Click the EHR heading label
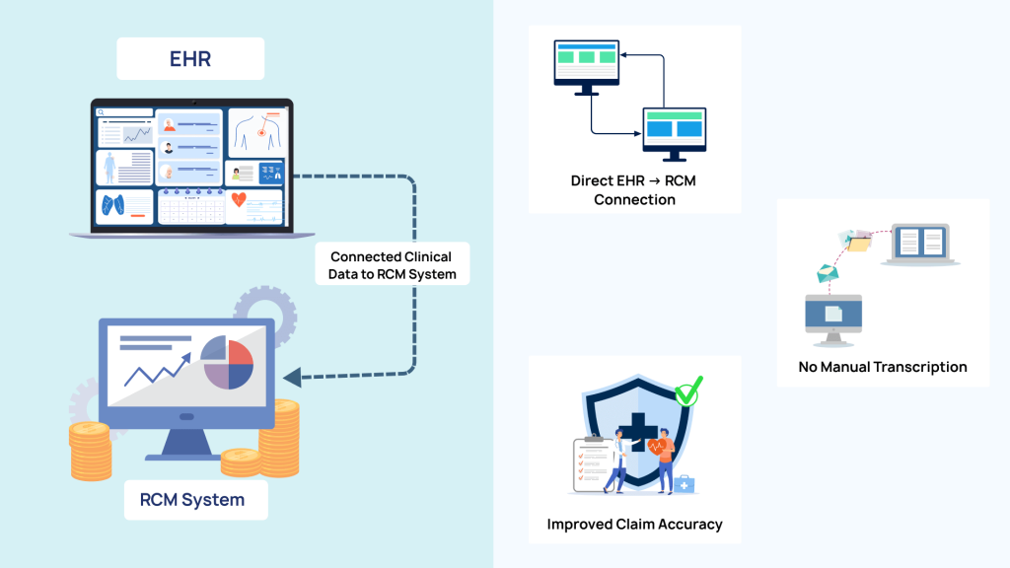tap(189, 59)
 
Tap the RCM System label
tap(191, 500)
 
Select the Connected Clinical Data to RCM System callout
tap(393, 265)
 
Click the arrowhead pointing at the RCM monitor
tap(291, 377)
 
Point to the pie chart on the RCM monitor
tap(228, 362)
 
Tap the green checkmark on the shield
tap(688, 391)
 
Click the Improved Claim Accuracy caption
tap(634, 525)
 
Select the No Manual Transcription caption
tap(883, 367)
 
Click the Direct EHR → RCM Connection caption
tap(634, 190)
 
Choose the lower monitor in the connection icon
tap(674, 131)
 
